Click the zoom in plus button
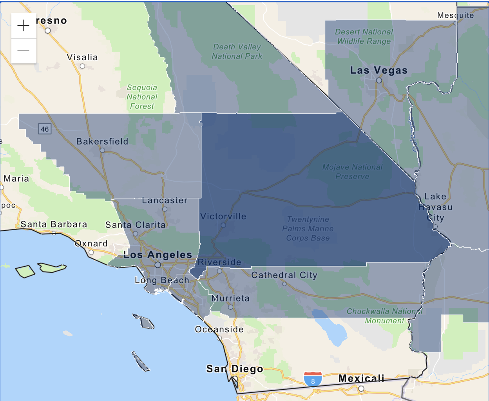24,26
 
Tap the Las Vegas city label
379,70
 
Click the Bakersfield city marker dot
102,150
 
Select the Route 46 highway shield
45,129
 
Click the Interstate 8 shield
313,379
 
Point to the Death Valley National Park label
237,52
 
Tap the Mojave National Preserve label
352,172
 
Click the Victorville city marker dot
223,225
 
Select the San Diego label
234,369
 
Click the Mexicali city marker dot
361,388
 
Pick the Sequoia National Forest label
142,97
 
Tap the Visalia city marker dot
82,66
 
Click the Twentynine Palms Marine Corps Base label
308,229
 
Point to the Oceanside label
219,329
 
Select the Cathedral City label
284,275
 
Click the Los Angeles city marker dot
158,265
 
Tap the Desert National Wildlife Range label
364,36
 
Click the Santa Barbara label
54,224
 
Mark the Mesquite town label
455,15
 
